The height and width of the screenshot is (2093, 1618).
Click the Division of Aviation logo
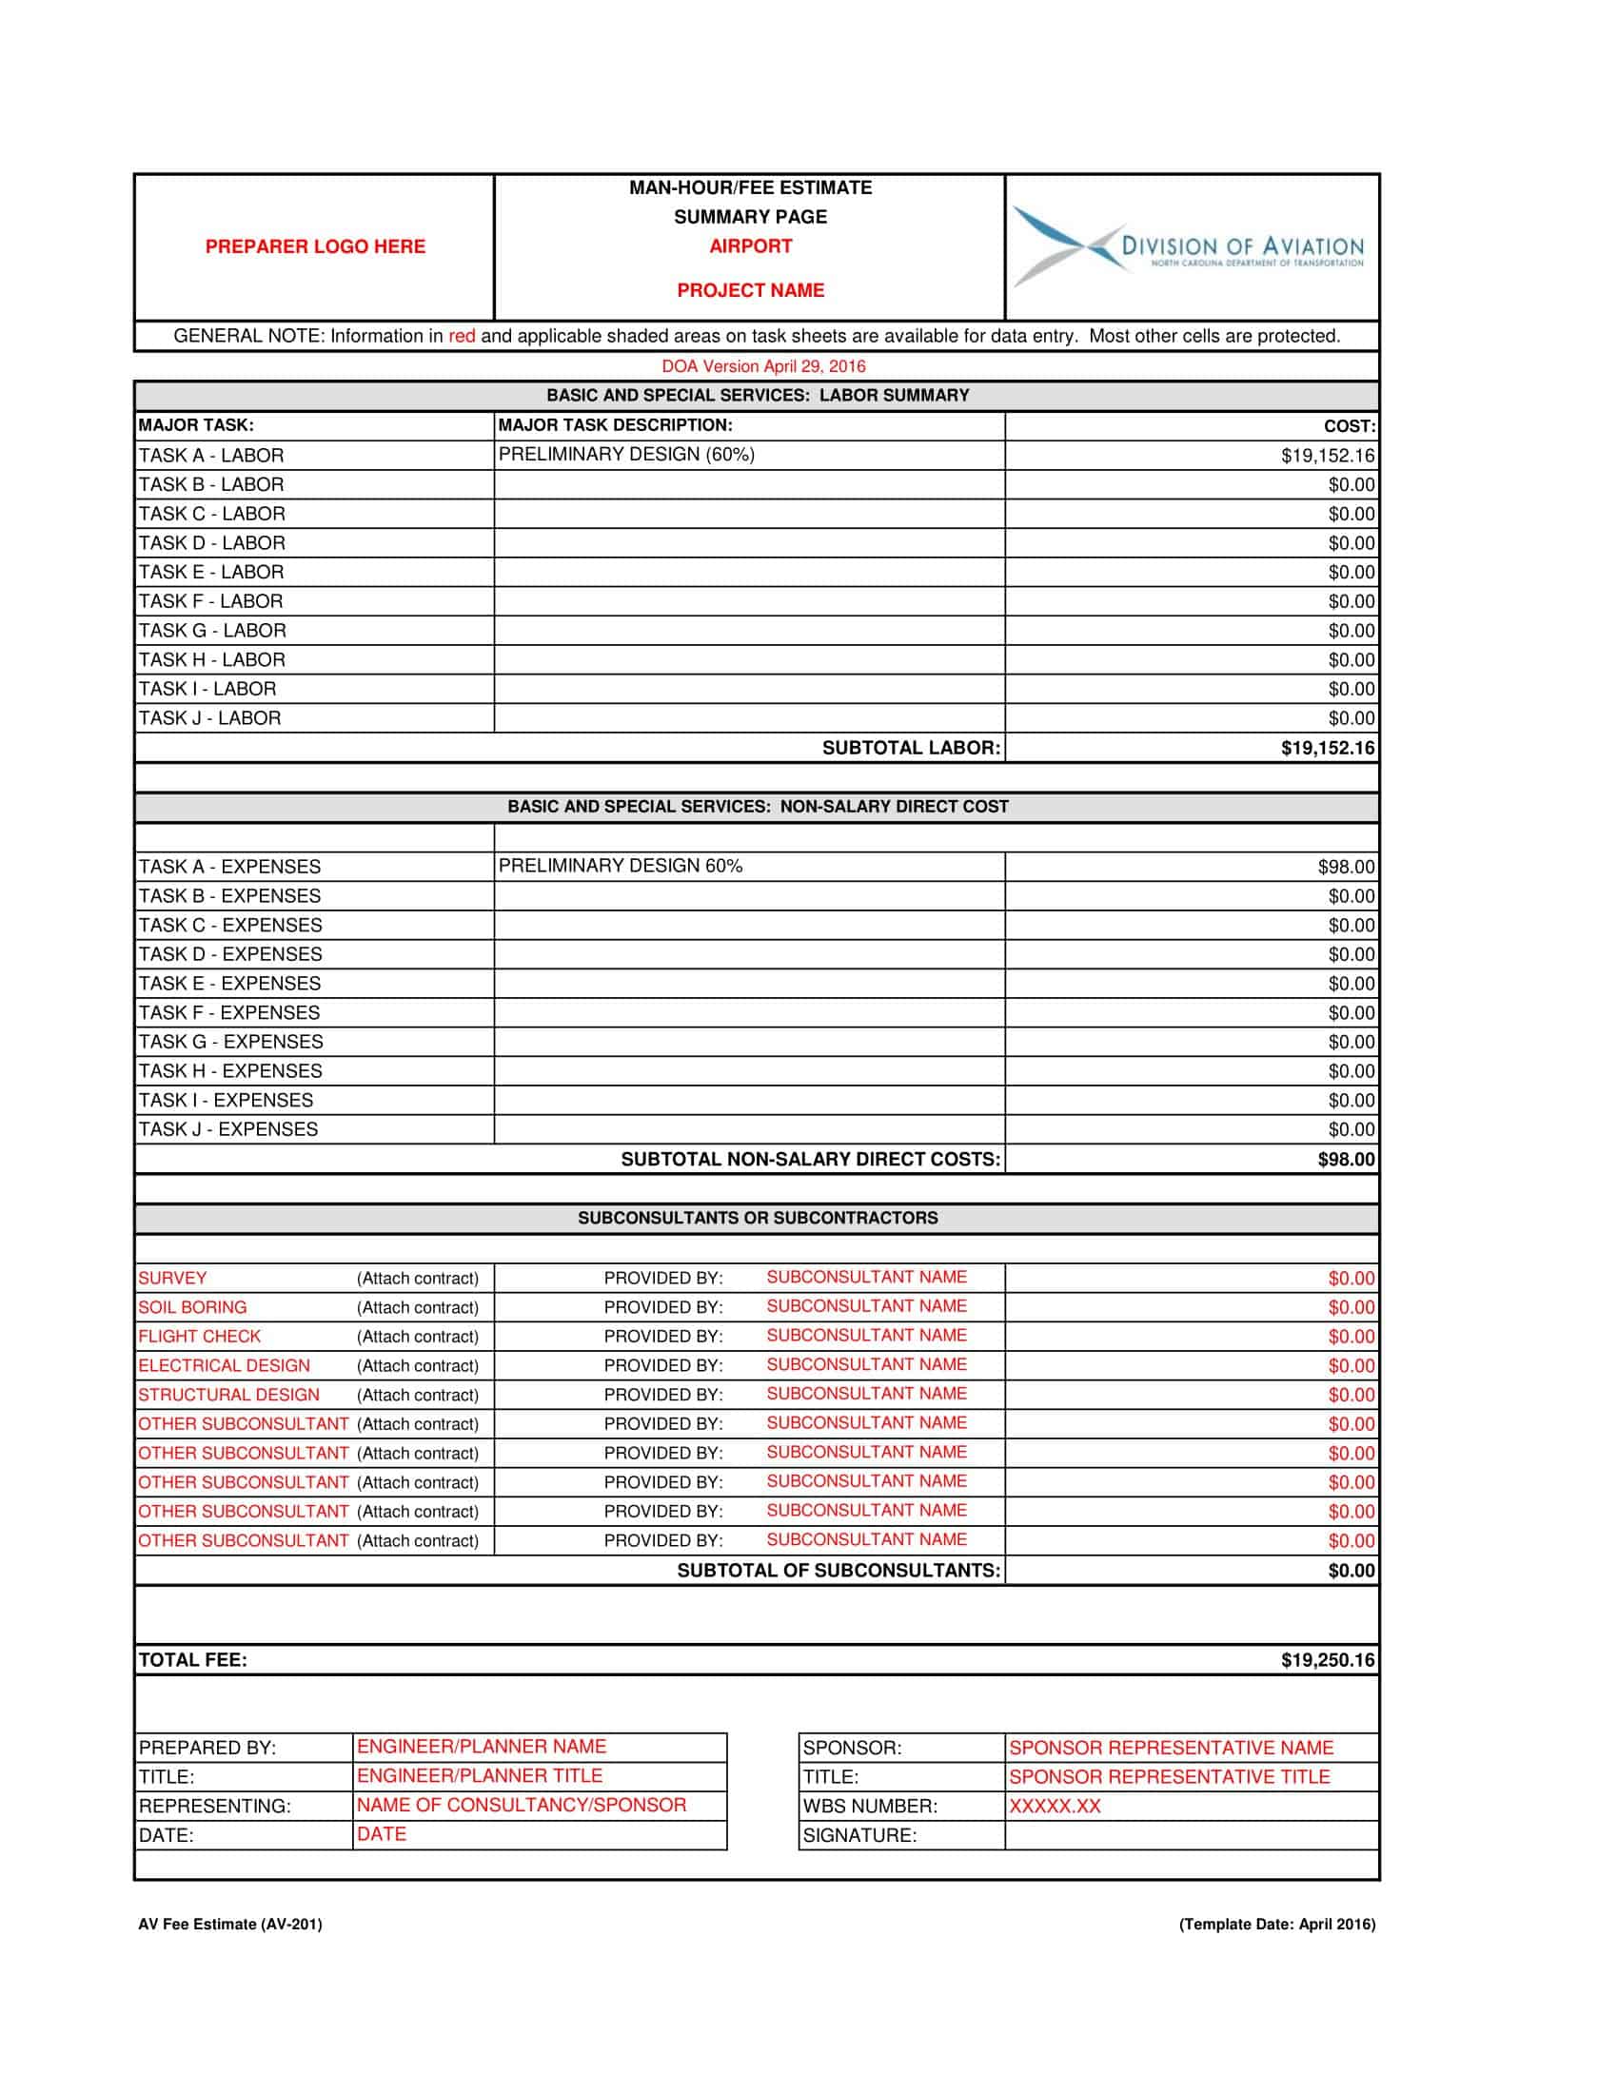pos(1189,247)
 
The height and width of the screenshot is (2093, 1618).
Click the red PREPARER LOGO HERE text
pos(314,246)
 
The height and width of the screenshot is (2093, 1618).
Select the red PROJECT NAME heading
pos(750,290)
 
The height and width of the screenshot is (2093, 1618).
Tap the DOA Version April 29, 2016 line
pos(763,366)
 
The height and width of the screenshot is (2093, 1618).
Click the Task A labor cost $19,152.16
pos(1327,456)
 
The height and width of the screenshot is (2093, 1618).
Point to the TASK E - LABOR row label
pos(211,572)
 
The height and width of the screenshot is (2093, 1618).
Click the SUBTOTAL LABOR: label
pos(911,748)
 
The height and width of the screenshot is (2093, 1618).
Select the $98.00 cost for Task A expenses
pos(1346,868)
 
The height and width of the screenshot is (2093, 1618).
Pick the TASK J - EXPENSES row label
pos(227,1129)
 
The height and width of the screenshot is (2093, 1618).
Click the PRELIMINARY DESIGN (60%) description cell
pos(626,454)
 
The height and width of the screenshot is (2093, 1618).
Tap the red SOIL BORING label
pos(191,1307)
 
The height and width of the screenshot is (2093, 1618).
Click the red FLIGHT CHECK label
pos(198,1336)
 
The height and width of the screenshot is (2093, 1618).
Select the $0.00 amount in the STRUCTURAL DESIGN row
pos(1351,1396)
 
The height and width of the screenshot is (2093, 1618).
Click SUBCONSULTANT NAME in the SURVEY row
pos(865,1277)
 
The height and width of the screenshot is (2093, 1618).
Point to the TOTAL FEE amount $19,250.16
pos(1327,1660)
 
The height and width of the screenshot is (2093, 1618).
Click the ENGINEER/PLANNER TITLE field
pos(480,1776)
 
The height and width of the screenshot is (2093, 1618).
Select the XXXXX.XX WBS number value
pos(1055,1806)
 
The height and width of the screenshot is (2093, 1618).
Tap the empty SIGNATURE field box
pos(1191,1835)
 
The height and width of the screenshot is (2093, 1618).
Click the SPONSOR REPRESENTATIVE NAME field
pos(1171,1747)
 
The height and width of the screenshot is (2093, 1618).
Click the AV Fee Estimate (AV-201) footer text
pos(230,1924)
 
